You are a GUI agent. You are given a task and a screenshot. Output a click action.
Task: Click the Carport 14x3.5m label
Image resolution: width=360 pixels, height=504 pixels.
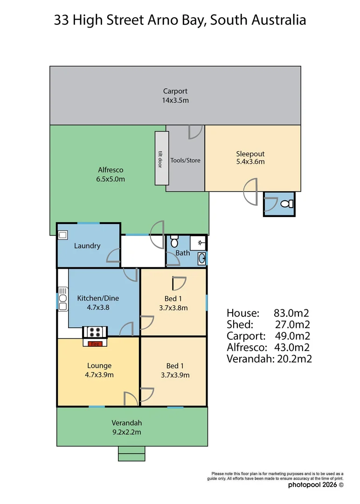tap(175, 96)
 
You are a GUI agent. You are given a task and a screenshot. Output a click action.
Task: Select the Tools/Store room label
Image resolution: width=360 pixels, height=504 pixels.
tap(185, 160)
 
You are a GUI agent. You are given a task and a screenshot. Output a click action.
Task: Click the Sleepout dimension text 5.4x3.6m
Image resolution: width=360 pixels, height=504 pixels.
tap(250, 162)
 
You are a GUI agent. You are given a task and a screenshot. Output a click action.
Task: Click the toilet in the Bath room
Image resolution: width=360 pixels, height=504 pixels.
tap(174, 241)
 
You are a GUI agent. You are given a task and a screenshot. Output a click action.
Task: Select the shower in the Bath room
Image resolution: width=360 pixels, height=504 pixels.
tap(201, 243)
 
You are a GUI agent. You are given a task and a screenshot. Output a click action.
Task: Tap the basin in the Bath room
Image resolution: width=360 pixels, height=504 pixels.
tap(201, 258)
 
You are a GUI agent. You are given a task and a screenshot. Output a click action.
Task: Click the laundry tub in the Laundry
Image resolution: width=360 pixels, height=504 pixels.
tap(62, 235)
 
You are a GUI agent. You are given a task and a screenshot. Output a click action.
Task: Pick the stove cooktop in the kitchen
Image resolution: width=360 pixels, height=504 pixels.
tap(95, 332)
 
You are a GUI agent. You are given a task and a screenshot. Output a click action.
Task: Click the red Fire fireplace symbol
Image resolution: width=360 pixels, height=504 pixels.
tap(95, 344)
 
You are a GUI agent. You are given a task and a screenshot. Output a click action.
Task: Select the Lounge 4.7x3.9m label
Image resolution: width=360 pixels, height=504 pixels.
tap(99, 370)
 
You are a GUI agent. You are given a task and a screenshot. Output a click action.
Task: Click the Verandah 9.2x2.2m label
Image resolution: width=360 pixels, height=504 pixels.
tap(126, 427)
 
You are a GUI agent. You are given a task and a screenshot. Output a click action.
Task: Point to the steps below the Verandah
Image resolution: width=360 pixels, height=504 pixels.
tap(132, 453)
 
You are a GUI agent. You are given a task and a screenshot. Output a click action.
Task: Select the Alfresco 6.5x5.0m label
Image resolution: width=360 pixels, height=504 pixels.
tap(111, 175)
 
